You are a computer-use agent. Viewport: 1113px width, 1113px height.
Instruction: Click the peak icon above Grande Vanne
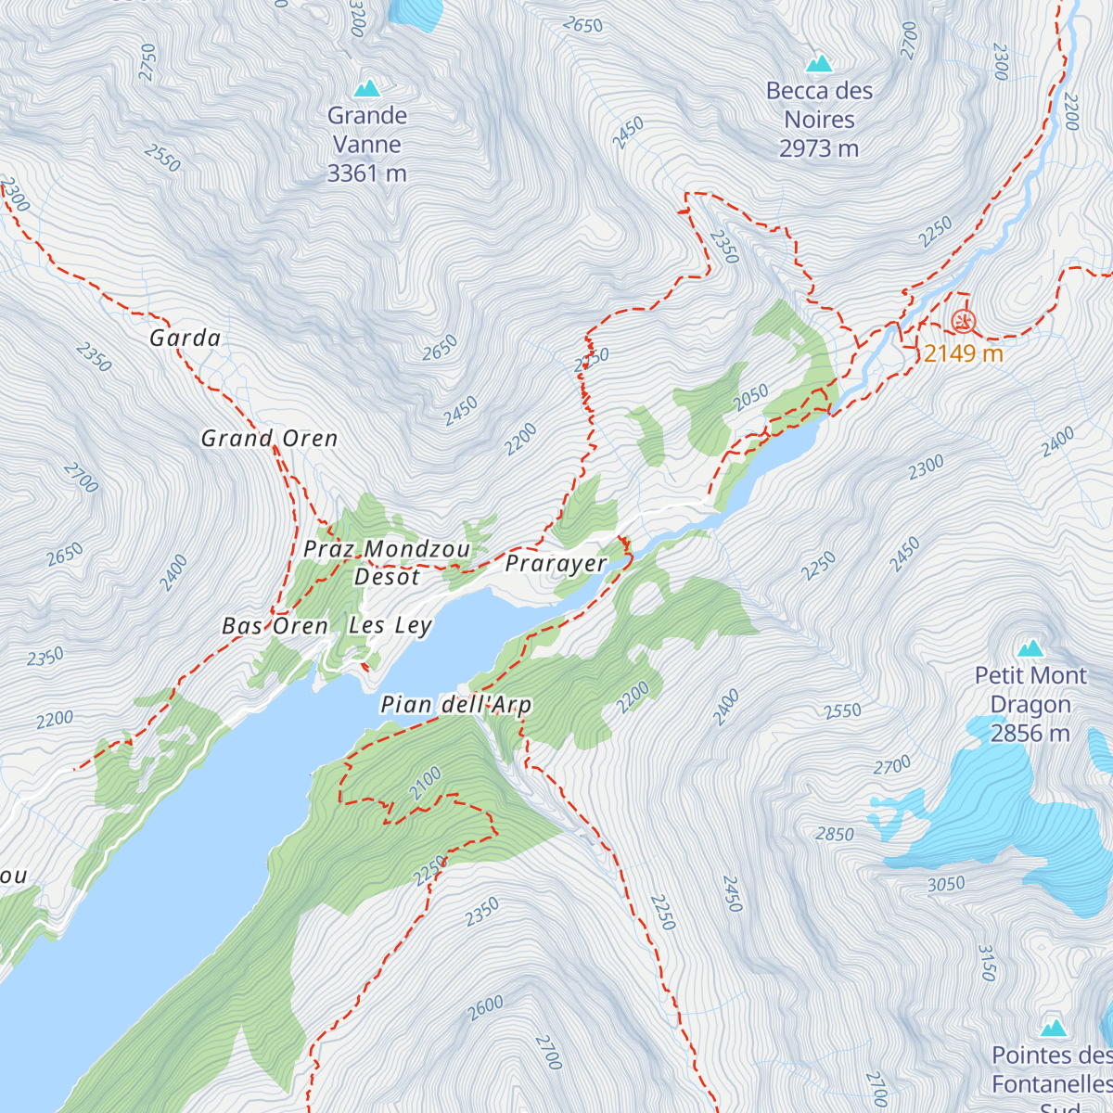(367, 88)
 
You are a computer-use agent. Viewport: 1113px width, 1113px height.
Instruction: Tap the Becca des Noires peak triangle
(818, 63)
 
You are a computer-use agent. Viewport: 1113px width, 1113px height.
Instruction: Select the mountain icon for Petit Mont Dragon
(1030, 647)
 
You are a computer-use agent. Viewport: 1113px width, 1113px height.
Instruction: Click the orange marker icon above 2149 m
(964, 322)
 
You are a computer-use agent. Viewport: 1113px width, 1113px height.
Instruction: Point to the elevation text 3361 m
(366, 173)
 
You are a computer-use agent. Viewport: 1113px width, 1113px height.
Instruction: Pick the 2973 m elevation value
(819, 148)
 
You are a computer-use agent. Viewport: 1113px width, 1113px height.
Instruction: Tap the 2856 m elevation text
(1030, 734)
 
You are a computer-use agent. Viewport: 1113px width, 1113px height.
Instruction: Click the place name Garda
(185, 339)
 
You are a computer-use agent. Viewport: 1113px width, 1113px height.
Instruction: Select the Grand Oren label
(269, 439)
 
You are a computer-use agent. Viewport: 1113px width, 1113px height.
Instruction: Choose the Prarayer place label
(556, 564)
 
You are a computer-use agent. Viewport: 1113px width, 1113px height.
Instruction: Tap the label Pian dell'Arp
(456, 705)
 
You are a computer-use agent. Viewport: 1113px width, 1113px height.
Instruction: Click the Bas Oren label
(275, 627)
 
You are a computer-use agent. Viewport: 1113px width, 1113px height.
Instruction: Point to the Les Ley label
(390, 626)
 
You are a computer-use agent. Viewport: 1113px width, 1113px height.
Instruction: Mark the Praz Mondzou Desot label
(388, 563)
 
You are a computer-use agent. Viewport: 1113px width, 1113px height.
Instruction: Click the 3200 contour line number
(358, 18)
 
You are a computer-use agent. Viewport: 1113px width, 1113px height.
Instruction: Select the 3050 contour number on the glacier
(946, 884)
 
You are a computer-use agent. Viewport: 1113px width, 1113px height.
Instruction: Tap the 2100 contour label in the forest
(426, 785)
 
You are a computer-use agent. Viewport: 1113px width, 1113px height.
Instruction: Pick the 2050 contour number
(750, 397)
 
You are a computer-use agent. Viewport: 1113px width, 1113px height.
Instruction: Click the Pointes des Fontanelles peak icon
(1053, 1028)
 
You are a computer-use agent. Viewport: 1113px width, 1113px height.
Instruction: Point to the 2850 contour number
(835, 834)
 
